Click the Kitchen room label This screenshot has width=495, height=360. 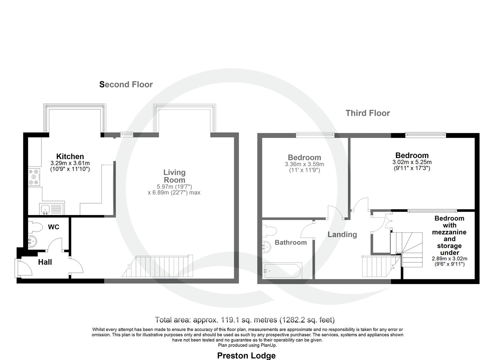pos(70,156)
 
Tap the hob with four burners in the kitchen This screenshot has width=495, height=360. pos(34,177)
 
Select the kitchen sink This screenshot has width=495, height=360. pos(52,208)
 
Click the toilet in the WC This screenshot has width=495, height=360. pos(35,227)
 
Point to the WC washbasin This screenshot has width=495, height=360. pos(32,241)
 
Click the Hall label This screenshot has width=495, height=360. pos(45,262)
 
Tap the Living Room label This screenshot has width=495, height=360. pos(174,176)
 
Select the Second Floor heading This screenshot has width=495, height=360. pos(126,84)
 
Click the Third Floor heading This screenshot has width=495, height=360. pos(368,113)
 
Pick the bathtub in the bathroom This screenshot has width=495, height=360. pos(282,270)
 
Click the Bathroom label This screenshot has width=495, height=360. pos(291,242)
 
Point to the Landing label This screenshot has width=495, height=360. pos(342,234)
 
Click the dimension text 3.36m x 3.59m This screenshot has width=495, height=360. pos(305,164)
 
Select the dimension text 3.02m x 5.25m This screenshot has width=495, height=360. pos(412,162)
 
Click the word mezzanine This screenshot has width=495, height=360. pos(449,232)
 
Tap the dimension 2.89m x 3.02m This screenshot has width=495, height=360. pos(449,259)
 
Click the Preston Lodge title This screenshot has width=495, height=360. pos(246,356)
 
